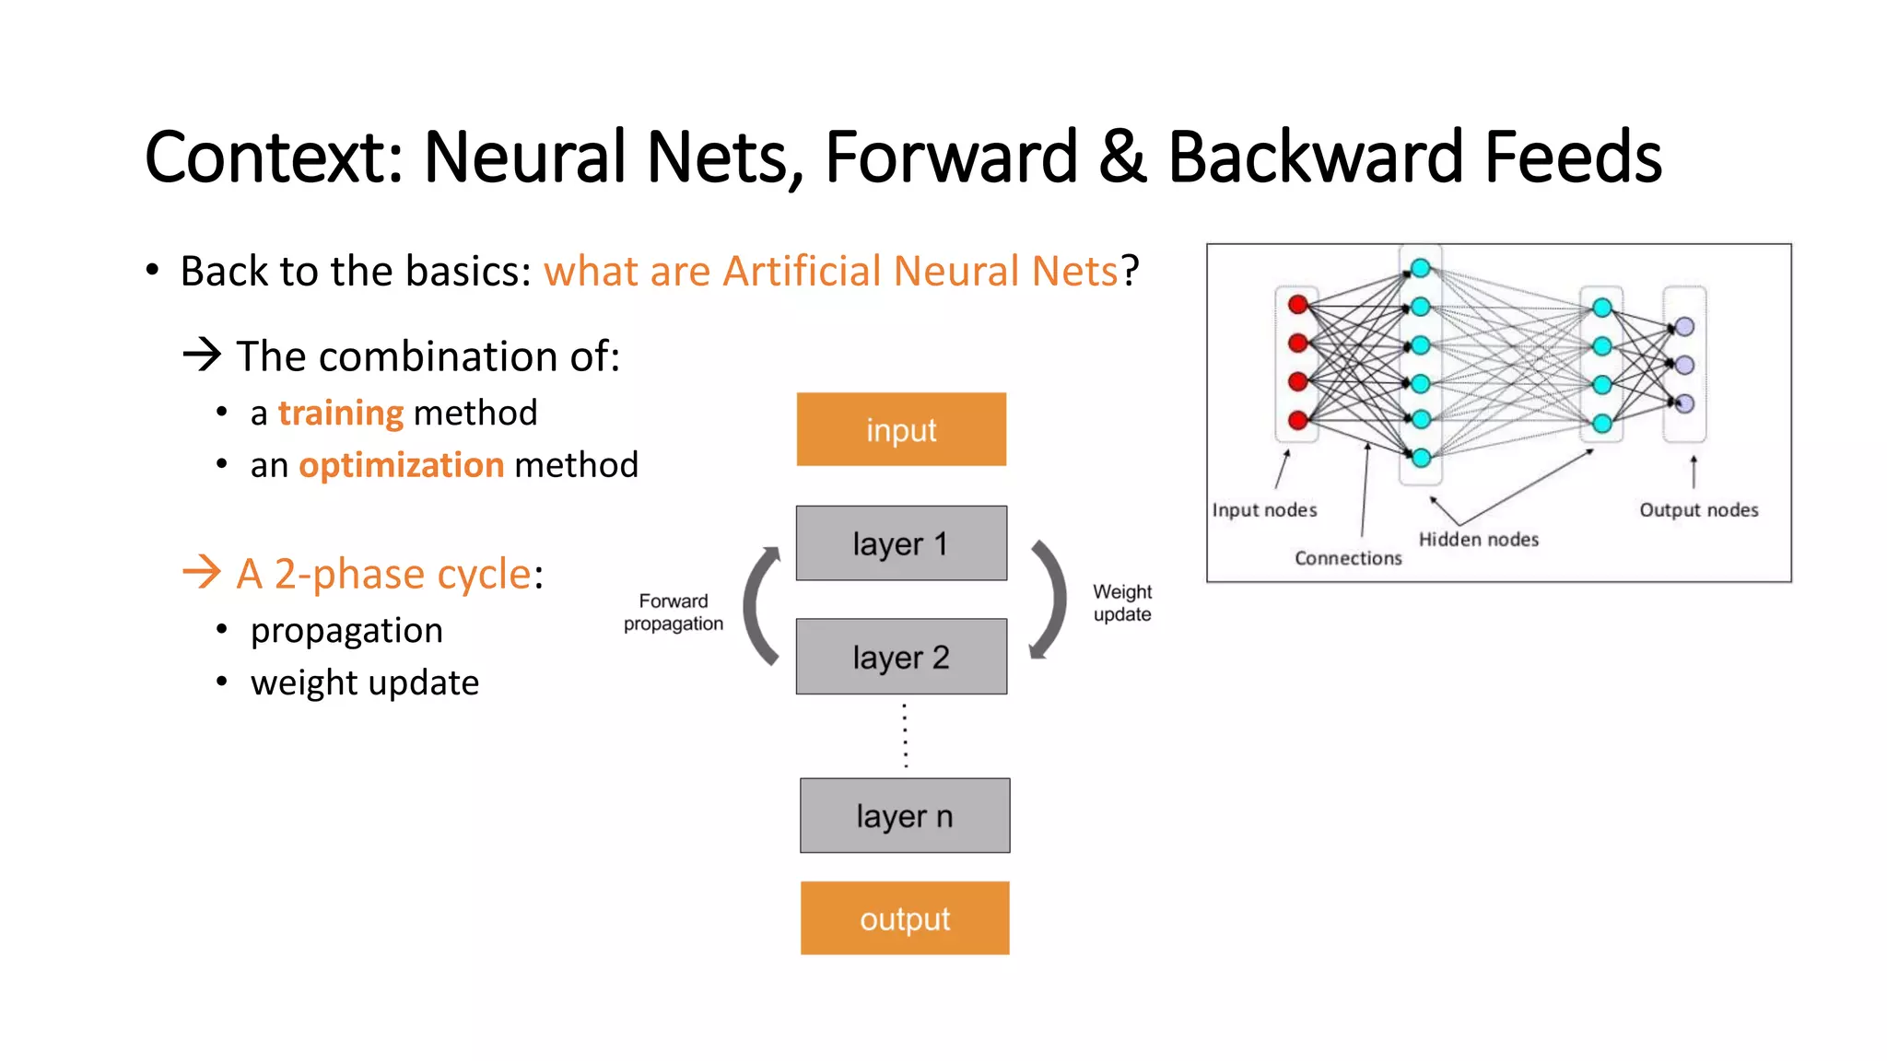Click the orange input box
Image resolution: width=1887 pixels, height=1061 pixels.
coord(900,429)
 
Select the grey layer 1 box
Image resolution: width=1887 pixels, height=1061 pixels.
coord(900,543)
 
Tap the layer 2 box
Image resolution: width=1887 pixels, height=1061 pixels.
coord(900,657)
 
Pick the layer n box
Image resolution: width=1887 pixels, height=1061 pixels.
coord(904,816)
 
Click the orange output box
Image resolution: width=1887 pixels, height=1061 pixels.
coord(904,918)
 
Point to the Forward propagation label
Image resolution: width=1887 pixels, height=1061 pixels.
coord(673,612)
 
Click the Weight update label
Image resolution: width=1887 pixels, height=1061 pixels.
coord(1121,603)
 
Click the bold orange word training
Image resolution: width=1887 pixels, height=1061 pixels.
coord(341,413)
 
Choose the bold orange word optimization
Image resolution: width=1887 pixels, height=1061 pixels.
coord(402,465)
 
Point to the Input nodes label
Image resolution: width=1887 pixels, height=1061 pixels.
coord(1264,510)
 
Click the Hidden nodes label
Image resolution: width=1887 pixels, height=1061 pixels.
coord(1478,540)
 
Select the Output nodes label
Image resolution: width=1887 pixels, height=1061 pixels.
coord(1698,510)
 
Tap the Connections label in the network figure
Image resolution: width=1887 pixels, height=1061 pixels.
coord(1347,558)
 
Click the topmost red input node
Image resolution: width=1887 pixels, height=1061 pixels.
coord(1298,305)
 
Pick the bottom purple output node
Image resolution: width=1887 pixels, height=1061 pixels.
coord(1684,403)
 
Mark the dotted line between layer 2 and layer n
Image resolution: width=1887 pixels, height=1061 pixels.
coord(905,736)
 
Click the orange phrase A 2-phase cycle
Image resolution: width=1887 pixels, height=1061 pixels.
coord(383,574)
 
